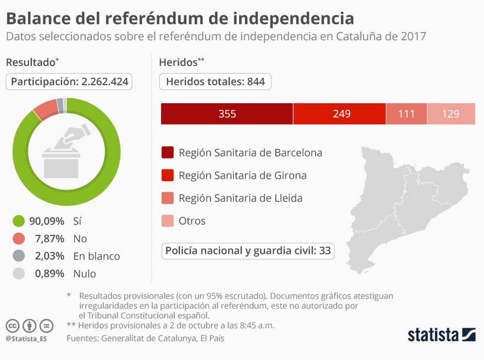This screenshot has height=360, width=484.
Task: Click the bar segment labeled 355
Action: pyautogui.click(x=227, y=114)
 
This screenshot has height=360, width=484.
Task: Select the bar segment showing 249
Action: pyautogui.click(x=340, y=114)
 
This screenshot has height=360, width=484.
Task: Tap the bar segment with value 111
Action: pyautogui.click(x=406, y=114)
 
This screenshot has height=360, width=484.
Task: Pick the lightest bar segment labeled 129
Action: pyautogui.click(x=451, y=114)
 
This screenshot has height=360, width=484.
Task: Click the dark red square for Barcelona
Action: pyautogui.click(x=167, y=152)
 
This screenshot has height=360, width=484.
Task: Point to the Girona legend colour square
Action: pyautogui.click(x=167, y=175)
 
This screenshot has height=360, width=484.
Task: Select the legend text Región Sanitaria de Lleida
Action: pyautogui.click(x=241, y=198)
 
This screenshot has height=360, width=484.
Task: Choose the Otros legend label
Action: pyautogui.click(x=192, y=221)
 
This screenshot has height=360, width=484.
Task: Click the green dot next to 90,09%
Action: pyautogui.click(x=18, y=221)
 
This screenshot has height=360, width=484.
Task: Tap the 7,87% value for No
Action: pyautogui.click(x=49, y=238)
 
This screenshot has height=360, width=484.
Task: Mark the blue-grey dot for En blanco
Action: pyautogui.click(x=18, y=256)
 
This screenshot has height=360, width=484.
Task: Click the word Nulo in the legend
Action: pyautogui.click(x=84, y=274)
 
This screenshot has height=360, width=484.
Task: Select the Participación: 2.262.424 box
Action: pyautogui.click(x=69, y=82)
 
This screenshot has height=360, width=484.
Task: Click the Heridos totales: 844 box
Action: pyautogui.click(x=215, y=82)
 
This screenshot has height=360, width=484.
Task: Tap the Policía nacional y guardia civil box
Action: pyautogui.click(x=248, y=251)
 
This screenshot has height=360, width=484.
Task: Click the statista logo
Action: pyautogui.click(x=442, y=335)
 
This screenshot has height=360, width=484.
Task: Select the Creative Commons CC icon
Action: pyautogui.click(x=13, y=326)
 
